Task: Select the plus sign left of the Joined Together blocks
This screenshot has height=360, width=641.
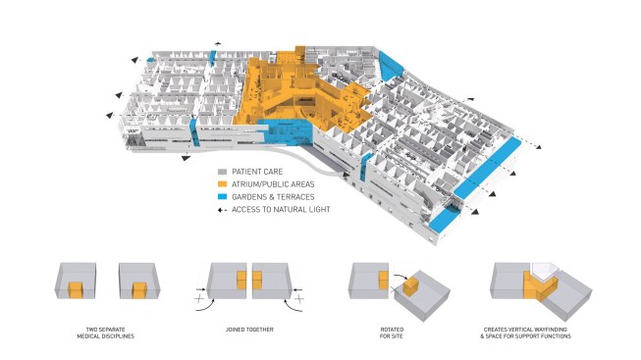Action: point(203,291)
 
